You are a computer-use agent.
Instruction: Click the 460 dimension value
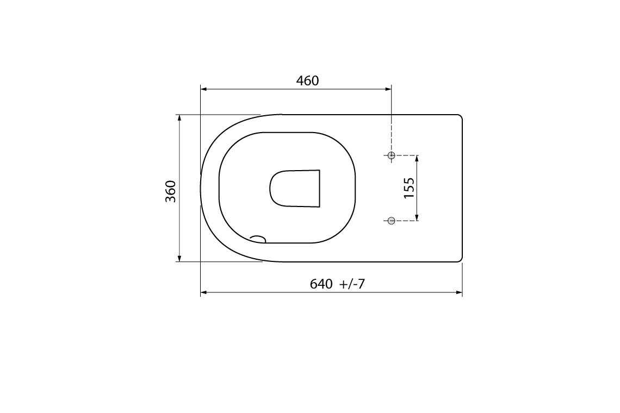click(x=307, y=81)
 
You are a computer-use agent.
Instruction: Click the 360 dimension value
click(x=171, y=191)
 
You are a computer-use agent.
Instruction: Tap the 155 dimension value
click(x=410, y=187)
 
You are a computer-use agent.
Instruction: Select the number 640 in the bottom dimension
click(x=321, y=284)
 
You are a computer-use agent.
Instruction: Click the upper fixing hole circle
click(x=391, y=155)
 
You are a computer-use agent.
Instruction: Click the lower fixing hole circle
click(x=391, y=220)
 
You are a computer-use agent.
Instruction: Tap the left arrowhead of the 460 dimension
click(x=203, y=89)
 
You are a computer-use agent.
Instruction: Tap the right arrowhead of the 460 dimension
click(x=388, y=89)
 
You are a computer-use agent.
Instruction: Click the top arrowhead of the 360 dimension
click(x=179, y=117)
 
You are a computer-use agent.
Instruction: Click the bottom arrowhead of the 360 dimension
click(x=179, y=259)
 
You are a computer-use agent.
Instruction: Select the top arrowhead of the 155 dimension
click(x=417, y=158)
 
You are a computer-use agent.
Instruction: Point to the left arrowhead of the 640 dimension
click(x=203, y=293)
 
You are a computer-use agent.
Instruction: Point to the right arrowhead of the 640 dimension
click(x=460, y=293)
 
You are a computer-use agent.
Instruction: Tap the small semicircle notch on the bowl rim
click(x=258, y=239)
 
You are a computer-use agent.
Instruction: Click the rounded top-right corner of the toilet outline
click(x=460, y=117)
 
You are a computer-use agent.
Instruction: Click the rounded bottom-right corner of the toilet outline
click(x=460, y=259)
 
